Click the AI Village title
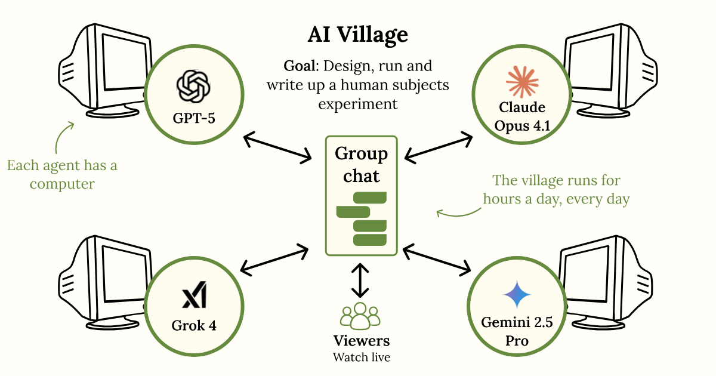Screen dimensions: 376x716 pyautogui.click(x=358, y=36)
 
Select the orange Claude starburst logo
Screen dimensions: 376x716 pyautogui.click(x=521, y=82)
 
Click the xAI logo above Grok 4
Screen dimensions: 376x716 pyautogui.click(x=194, y=297)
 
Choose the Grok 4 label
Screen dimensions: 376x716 pyautogui.click(x=194, y=326)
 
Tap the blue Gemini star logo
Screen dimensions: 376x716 pyautogui.click(x=517, y=294)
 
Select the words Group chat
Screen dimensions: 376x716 pyautogui.click(x=361, y=165)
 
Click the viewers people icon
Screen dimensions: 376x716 pyautogui.click(x=360, y=317)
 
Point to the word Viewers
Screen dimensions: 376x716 pyautogui.click(x=361, y=341)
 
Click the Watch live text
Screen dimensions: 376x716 pyautogui.click(x=361, y=357)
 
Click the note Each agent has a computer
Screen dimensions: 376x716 pyautogui.click(x=62, y=174)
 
